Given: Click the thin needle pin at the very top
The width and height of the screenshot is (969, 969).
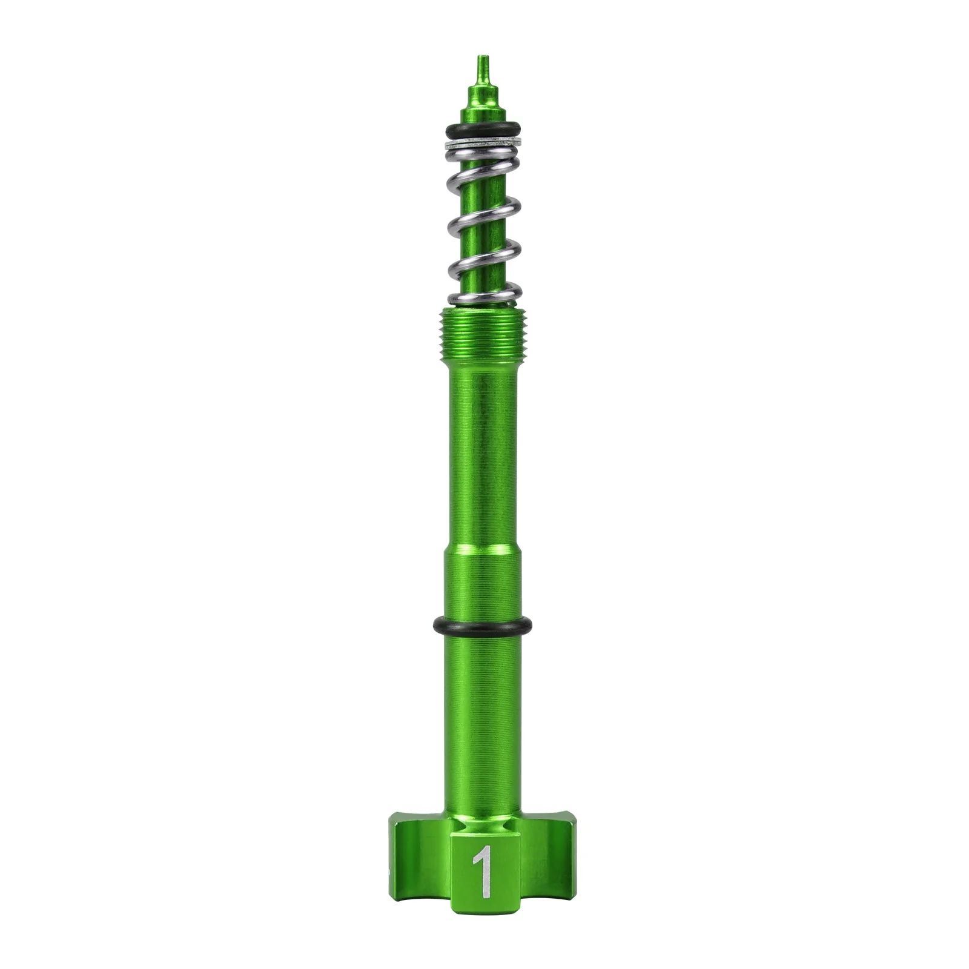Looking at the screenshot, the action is pyautogui.click(x=482, y=71).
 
